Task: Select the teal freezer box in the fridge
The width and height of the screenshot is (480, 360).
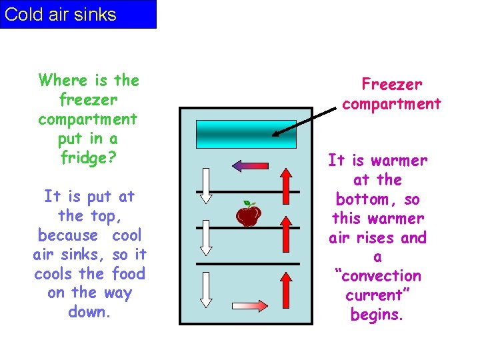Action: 246,134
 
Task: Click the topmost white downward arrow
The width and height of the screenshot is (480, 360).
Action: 206,185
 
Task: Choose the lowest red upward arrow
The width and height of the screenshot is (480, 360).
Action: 285,290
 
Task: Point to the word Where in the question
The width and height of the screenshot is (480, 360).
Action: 64,81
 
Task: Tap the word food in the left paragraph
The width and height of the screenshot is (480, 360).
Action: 129,274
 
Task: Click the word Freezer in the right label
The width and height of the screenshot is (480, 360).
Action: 391,85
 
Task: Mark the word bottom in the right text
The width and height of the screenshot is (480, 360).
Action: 363,199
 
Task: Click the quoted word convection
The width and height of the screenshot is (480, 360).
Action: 378,276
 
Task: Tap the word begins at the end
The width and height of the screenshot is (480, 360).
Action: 377,315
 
